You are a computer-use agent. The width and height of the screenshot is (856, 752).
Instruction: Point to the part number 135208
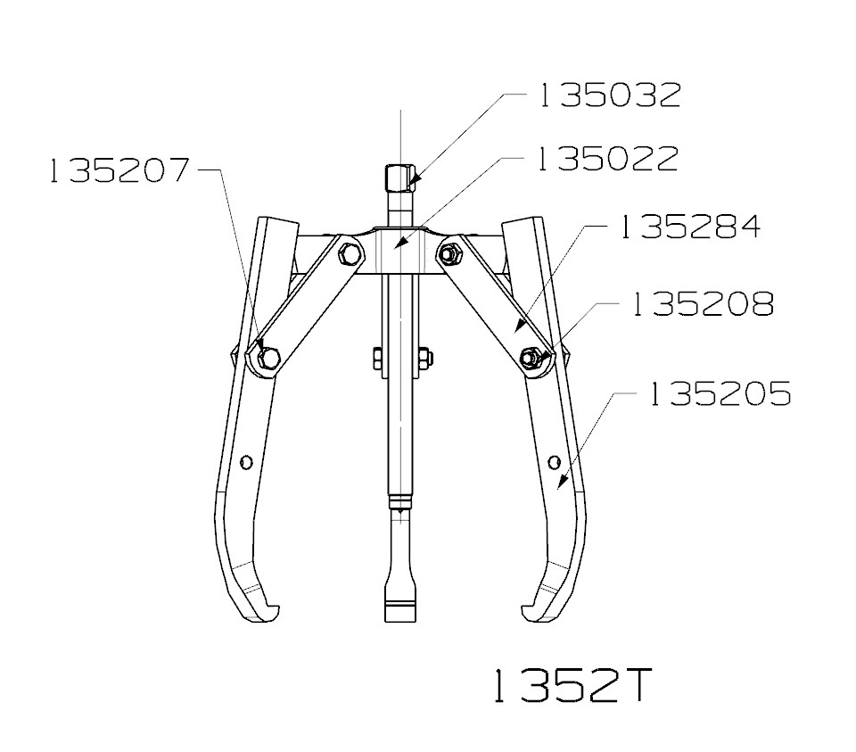point(700,304)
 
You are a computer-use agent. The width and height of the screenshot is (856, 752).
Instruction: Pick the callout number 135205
point(719,393)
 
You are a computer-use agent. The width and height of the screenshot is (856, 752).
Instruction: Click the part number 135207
point(120,170)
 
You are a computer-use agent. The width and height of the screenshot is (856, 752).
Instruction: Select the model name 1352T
point(570,686)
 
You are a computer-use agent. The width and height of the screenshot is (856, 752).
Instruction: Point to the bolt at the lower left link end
point(268,359)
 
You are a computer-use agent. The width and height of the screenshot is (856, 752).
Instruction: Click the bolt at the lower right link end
point(532,359)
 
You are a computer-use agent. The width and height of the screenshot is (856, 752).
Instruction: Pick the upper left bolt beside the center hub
point(350,255)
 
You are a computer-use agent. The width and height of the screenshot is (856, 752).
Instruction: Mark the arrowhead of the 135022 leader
point(399,243)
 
